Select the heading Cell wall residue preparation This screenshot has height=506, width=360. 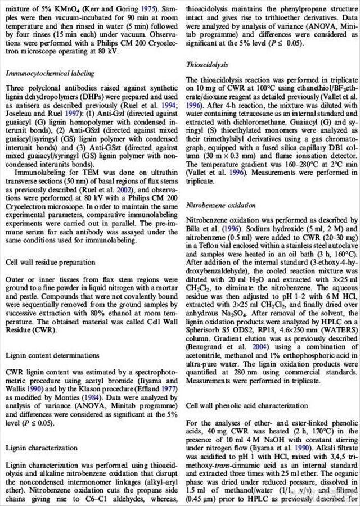click(50, 263)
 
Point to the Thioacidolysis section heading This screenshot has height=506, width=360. click(207, 65)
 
